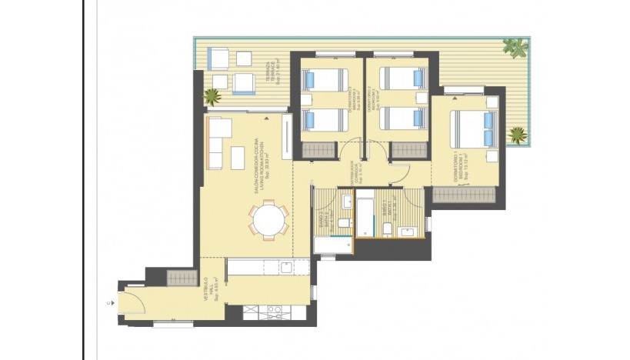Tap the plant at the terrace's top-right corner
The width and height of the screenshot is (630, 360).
(x=514, y=47)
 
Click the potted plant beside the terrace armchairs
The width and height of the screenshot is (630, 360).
(x=212, y=96)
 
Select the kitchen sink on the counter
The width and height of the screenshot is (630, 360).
(x=286, y=268)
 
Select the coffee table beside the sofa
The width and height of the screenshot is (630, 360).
(x=238, y=156)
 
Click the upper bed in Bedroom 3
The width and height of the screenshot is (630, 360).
(x=324, y=79)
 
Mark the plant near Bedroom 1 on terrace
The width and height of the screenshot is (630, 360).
(x=517, y=136)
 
